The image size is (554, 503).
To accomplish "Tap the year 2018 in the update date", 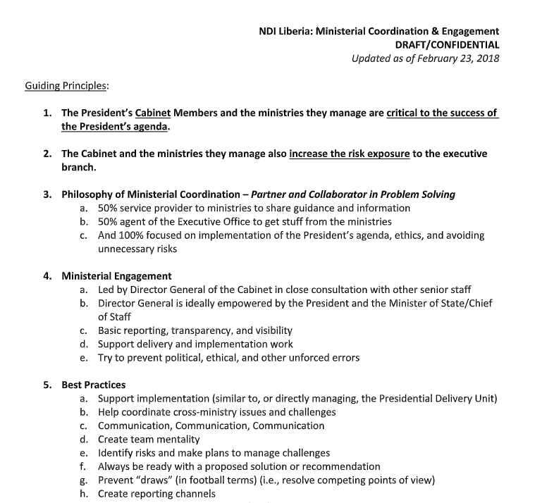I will (486, 58).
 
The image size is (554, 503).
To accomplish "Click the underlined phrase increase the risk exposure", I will (350, 154).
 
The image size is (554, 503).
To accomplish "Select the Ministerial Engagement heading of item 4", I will (116, 276).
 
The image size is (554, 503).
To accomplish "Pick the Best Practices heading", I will (94, 385).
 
